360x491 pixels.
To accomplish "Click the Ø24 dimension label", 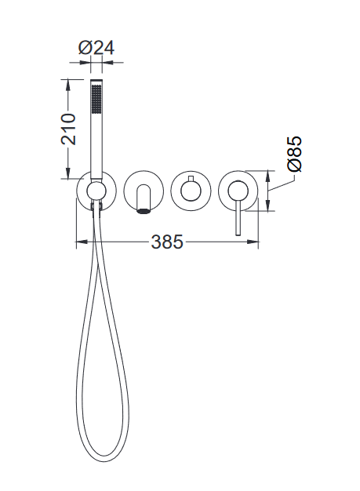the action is click(x=96, y=49).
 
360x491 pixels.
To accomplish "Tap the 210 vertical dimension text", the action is click(x=68, y=129).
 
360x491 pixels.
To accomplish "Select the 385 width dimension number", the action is click(x=167, y=242).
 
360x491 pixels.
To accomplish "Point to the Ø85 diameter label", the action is click(x=295, y=154).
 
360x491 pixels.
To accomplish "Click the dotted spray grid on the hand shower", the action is click(x=96, y=98).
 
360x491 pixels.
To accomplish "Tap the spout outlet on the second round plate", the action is click(x=144, y=211).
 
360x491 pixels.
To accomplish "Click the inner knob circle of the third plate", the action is click(x=191, y=191).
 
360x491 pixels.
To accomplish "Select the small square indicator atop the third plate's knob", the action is click(x=191, y=179).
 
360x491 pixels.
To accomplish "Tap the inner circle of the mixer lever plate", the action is click(x=238, y=191).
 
